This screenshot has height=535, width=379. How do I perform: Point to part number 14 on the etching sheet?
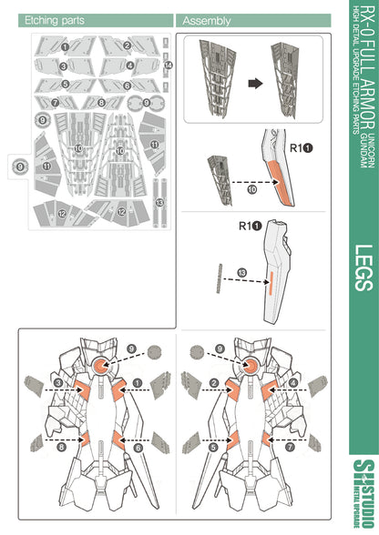(169, 66)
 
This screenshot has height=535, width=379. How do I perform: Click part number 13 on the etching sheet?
(159, 201)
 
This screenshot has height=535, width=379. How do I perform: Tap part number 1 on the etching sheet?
(65, 45)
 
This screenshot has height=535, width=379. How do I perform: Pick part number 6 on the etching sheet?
(128, 86)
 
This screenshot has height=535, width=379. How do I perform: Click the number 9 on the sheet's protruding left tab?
(19, 167)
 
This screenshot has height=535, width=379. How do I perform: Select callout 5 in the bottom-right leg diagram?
(212, 447)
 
